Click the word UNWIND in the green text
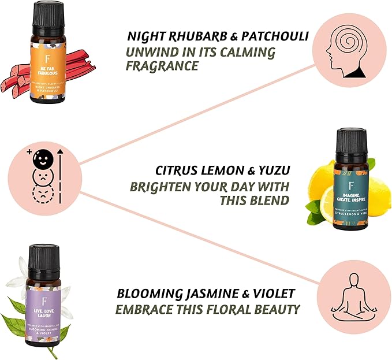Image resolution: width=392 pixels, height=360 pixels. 153,53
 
